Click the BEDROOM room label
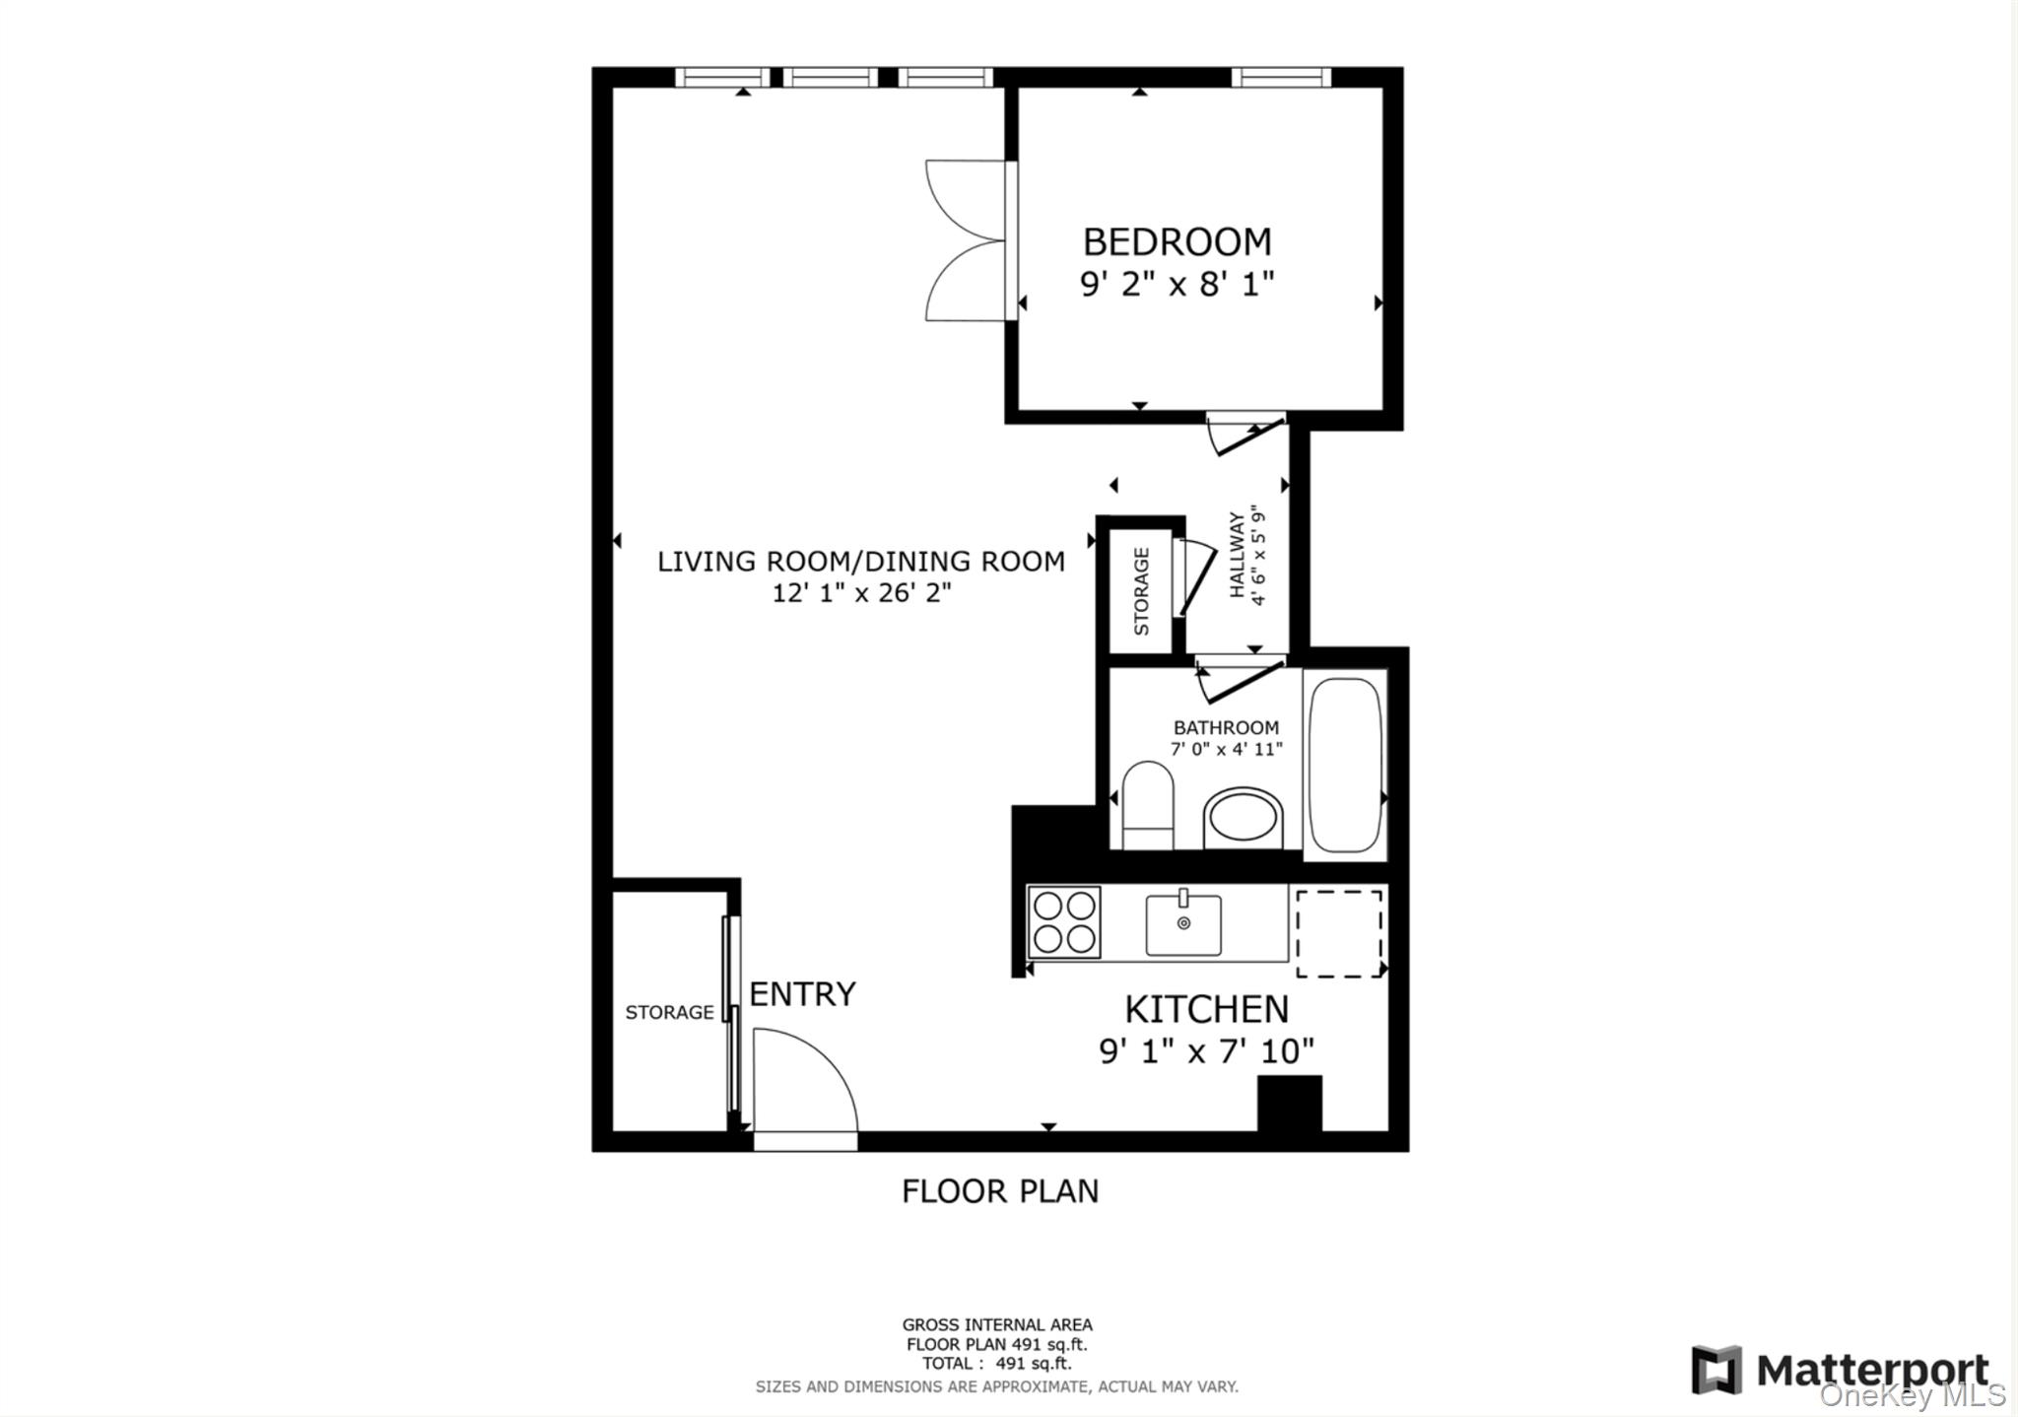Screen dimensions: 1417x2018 coord(1177,241)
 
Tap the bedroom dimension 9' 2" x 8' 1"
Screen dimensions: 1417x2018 coord(1177,285)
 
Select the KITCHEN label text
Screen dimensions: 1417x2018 coord(1206,1009)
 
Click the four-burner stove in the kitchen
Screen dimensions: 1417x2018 coord(1063,922)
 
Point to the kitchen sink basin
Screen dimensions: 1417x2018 coord(1183,924)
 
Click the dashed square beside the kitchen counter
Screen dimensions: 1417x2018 coord(1338,933)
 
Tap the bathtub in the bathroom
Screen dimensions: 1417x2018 coord(1344,765)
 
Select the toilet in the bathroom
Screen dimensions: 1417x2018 coord(1148,804)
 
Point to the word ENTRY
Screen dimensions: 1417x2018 coord(802,994)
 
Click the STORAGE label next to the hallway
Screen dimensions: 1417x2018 coord(1141,591)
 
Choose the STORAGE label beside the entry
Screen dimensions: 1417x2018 coord(669,1012)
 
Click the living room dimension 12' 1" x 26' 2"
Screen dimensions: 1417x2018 coord(861,593)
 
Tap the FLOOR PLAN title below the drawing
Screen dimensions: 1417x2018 coord(999,1190)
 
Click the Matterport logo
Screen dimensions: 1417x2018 coord(1840,1370)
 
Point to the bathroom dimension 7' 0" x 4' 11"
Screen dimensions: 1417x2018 coord(1226,749)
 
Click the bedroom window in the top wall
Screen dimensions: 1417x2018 coord(1281,77)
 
